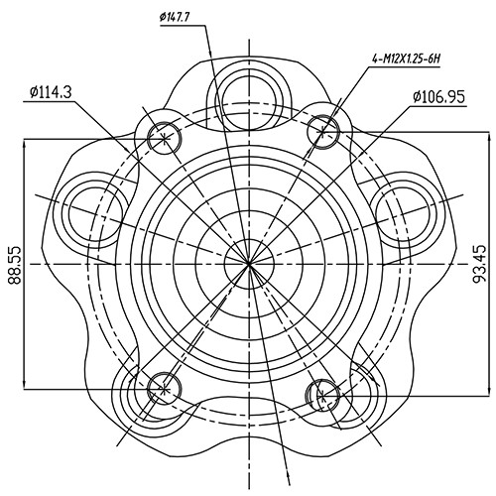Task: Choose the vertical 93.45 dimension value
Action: [480, 260]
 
